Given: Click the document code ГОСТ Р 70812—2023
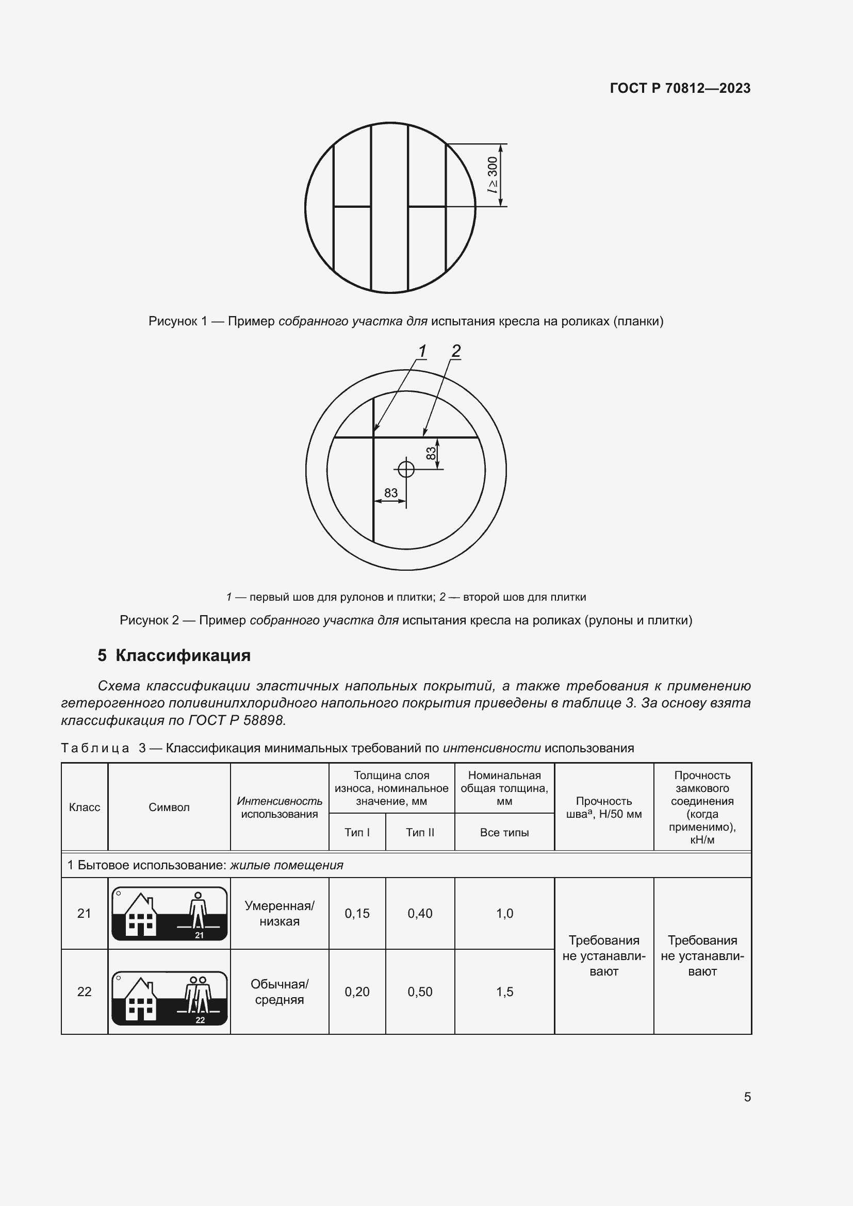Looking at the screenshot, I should pyautogui.click(x=680, y=88).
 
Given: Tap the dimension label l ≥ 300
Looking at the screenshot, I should pyautogui.click(x=492, y=175).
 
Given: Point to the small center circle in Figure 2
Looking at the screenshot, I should pyautogui.click(x=406, y=469).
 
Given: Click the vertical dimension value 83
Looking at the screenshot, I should pyautogui.click(x=431, y=453).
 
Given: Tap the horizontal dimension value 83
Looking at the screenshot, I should pyautogui.click(x=391, y=493).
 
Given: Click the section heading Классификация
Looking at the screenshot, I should pyautogui.click(x=183, y=655).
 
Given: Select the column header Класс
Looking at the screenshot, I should pyautogui.click(x=85, y=807).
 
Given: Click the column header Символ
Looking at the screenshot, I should pyautogui.click(x=169, y=807).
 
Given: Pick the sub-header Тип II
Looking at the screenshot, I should pyautogui.click(x=420, y=833).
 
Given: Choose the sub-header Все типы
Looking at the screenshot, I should pyautogui.click(x=504, y=833).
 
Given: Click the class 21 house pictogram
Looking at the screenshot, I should pyautogui.click(x=169, y=914).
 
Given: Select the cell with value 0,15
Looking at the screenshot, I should pyautogui.click(x=357, y=914).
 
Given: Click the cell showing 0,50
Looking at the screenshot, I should pyautogui.click(x=420, y=992).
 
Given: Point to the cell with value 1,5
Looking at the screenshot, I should pyautogui.click(x=504, y=992).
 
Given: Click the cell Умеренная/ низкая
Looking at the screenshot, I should pyautogui.click(x=280, y=914).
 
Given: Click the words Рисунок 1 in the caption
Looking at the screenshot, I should pyautogui.click(x=177, y=321).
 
